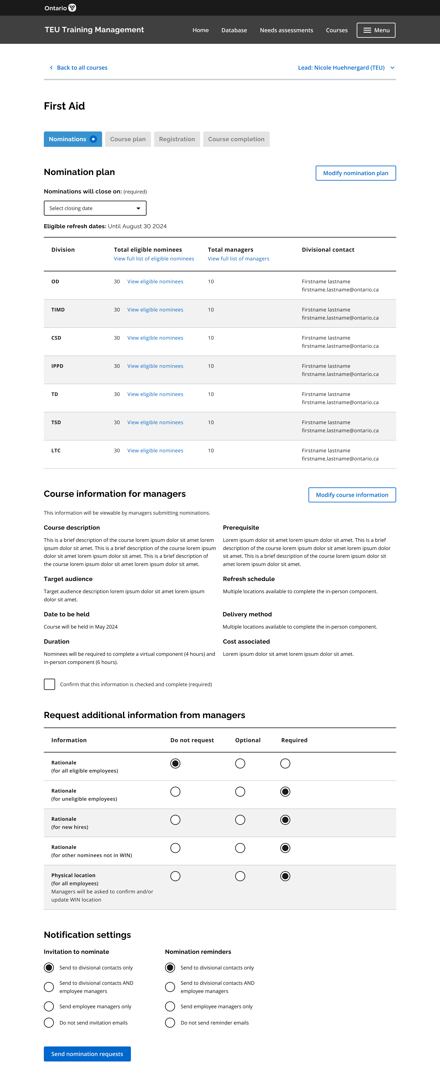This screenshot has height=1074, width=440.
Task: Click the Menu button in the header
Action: pos(376,30)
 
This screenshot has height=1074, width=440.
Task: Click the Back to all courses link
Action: pos(82,68)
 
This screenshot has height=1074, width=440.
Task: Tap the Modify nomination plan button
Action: pos(355,173)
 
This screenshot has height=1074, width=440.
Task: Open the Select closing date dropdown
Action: pos(95,208)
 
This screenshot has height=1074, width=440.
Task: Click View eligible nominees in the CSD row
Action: pos(155,338)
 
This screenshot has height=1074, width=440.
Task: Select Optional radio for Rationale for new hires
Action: pos(240,820)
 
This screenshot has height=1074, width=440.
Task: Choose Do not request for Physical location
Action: pos(175,876)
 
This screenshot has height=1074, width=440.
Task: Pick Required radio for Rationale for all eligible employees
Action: pos(285,763)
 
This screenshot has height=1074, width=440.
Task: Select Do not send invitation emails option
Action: pos(49,1023)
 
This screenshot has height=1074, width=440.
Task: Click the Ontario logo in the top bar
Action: pos(60,8)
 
